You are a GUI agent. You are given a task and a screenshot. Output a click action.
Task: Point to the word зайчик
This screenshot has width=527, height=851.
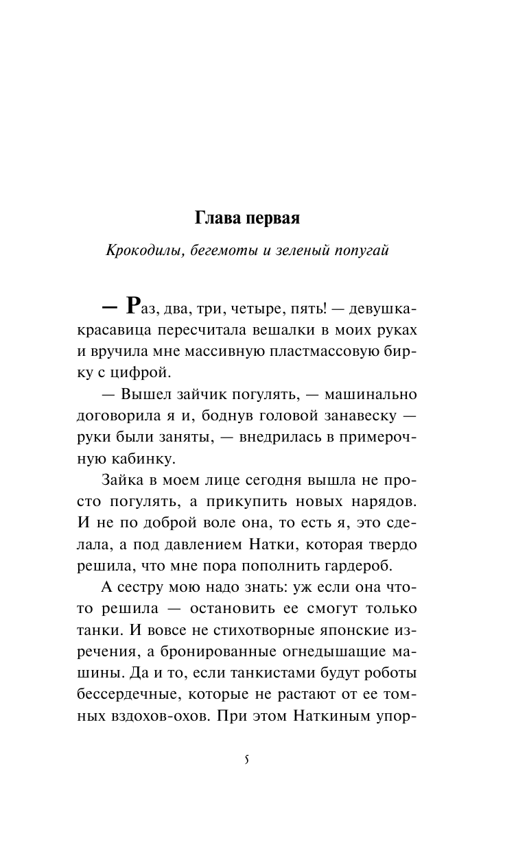click(204, 396)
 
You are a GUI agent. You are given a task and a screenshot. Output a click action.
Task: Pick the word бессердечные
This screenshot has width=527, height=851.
click(124, 693)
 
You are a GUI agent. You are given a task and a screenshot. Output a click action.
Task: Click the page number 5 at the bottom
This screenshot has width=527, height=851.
click(246, 762)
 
